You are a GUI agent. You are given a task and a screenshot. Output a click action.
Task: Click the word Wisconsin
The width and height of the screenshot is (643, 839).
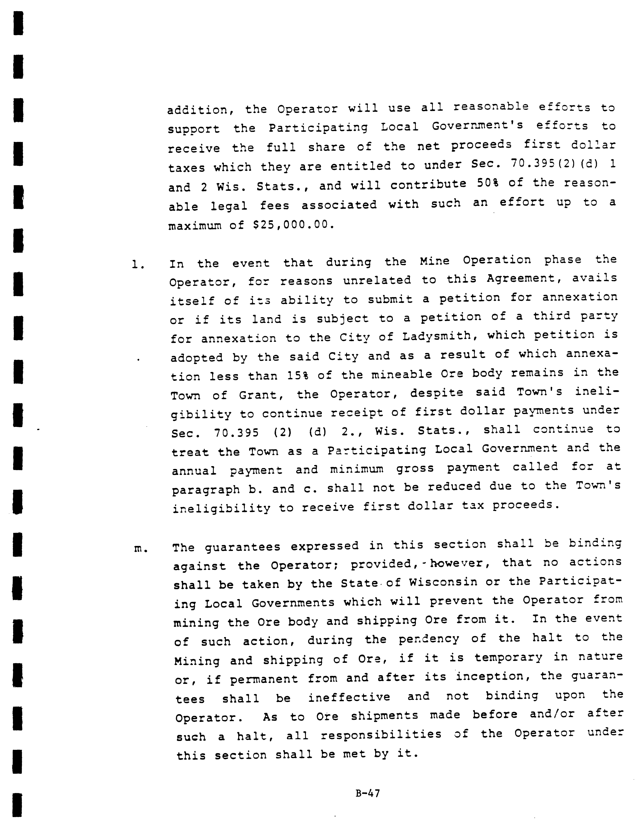(443, 582)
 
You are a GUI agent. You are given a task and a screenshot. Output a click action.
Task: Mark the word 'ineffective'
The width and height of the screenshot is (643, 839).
(349, 697)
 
